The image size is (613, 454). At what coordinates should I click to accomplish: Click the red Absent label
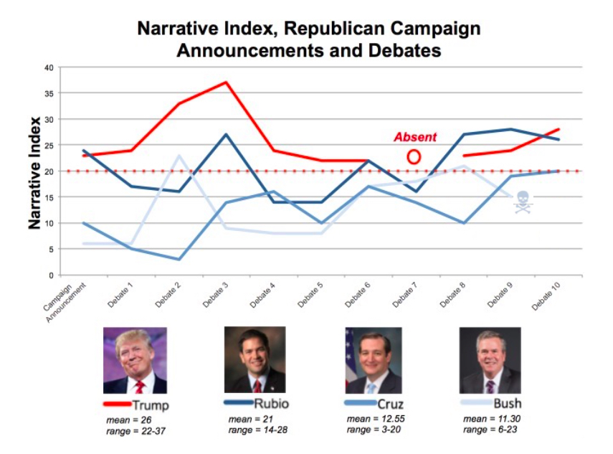(415, 137)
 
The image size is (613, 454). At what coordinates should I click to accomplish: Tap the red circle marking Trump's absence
(414, 156)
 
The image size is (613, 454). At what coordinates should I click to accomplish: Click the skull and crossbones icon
(523, 202)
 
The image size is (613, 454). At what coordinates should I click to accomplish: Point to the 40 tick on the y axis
(49, 67)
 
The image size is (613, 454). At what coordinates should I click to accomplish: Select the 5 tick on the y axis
(52, 249)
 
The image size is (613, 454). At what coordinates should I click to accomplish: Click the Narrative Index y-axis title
(34, 171)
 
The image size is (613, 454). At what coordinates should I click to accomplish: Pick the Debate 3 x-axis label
(215, 295)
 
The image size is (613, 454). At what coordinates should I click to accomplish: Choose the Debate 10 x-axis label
(546, 297)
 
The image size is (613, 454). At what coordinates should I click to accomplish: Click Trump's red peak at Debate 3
(227, 82)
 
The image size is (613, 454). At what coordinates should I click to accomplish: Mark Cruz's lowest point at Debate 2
(179, 259)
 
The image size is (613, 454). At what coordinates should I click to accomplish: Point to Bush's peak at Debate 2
(179, 156)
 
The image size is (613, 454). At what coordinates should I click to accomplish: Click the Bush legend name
(506, 404)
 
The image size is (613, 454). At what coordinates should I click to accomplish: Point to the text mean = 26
(130, 419)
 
